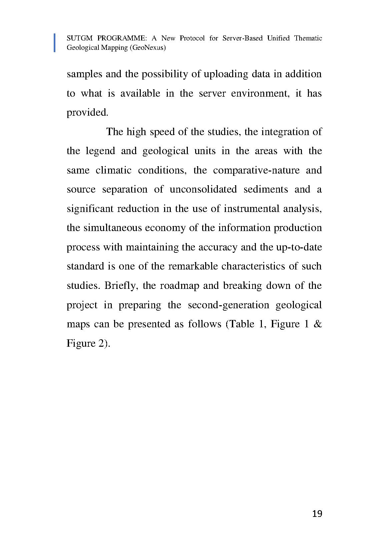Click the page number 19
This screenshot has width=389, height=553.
coord(317,514)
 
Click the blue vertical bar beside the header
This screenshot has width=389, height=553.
coord(54,43)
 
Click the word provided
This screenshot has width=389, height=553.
coord(87,113)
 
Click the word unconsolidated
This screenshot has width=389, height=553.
coord(203,189)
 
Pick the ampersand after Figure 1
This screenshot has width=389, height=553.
coord(318,324)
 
